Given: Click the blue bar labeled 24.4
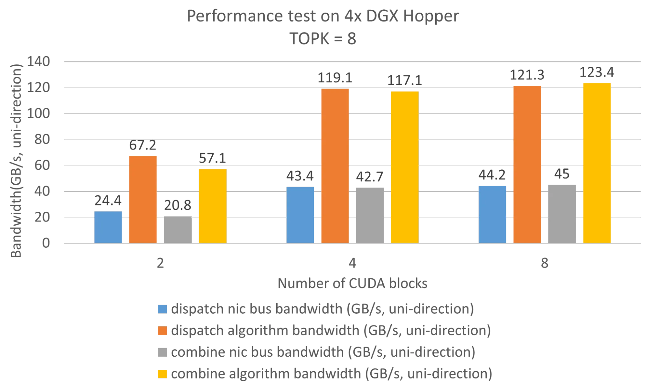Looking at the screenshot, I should [x=108, y=227].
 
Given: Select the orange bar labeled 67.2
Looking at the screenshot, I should [x=143, y=199].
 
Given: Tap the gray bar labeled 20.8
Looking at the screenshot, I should [x=178, y=230].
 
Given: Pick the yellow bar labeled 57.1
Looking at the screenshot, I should [x=213, y=206].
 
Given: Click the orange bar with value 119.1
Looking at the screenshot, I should [x=335, y=166].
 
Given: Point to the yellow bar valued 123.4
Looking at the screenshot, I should [x=597, y=163].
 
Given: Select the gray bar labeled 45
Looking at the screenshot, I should [x=562, y=213].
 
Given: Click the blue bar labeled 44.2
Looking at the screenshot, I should [x=492, y=214].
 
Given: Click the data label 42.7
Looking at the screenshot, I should [x=369, y=177].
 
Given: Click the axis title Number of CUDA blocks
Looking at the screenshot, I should [x=353, y=284].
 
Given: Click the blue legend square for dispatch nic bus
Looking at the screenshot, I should [x=162, y=309].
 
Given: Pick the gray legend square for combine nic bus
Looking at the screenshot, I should [x=162, y=352].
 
